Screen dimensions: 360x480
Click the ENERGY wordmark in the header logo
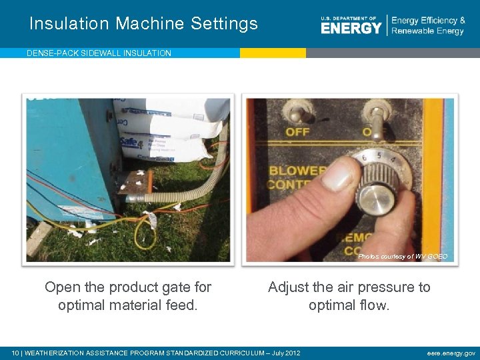coord(351,28)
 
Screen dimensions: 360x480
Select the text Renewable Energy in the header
coord(427,31)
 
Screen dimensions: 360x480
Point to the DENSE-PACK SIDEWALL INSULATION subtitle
coord(99,53)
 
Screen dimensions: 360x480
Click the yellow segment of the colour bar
coord(273,53)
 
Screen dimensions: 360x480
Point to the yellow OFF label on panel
coord(298,132)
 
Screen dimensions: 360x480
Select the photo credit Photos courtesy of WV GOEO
coord(403,256)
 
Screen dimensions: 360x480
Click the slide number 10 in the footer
coord(16,353)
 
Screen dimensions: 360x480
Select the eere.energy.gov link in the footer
coord(451,353)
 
